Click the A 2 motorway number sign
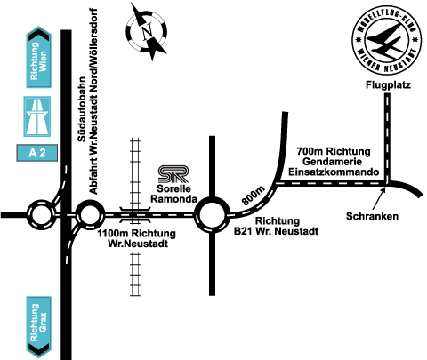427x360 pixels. tap(37, 153)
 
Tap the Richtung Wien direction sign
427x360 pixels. tap(39, 57)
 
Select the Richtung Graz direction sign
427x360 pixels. tap(39, 327)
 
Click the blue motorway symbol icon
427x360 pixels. tap(37, 116)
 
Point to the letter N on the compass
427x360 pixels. tap(147, 32)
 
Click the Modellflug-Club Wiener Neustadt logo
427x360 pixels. tap(387, 41)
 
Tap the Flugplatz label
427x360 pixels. tap(388, 85)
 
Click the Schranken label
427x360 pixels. tap(372, 216)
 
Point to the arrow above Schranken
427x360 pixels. tap(379, 198)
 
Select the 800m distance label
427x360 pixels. tap(254, 196)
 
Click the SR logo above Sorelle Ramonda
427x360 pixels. tap(173, 174)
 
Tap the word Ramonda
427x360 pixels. tap(174, 199)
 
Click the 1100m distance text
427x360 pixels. tap(110, 234)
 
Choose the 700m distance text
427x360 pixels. tap(310, 151)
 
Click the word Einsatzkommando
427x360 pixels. tap(334, 172)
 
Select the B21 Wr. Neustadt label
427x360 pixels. tap(276, 231)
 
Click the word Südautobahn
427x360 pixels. tap(82, 109)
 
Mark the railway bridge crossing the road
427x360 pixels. tap(135, 215)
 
